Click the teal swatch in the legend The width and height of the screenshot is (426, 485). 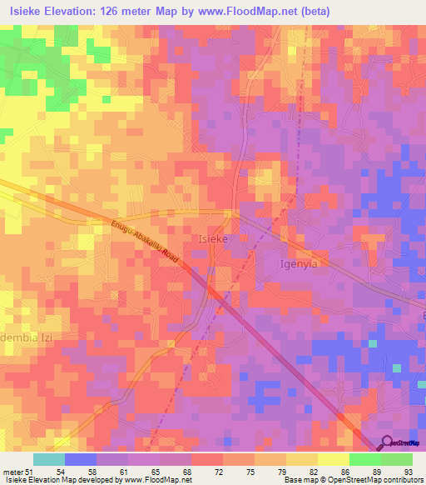[49, 459]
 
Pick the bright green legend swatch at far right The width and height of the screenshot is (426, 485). [396, 459]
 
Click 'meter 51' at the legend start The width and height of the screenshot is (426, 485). [17, 472]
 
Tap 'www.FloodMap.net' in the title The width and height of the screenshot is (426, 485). [254, 12]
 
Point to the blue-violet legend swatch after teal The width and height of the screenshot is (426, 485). [81, 459]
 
